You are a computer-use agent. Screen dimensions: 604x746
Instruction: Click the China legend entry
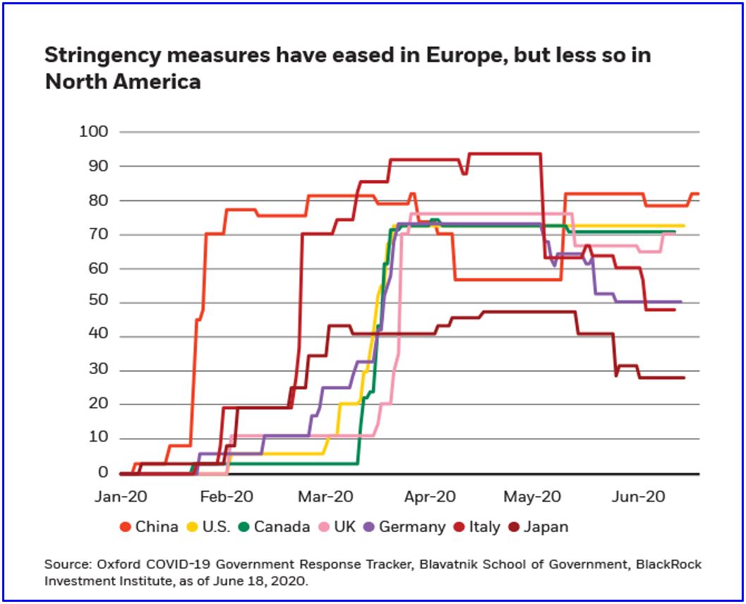[150, 526]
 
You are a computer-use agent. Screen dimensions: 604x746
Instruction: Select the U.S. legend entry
[210, 526]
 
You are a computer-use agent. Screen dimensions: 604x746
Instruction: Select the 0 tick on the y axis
[103, 473]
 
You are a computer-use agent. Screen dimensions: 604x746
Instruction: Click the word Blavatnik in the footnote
[416, 565]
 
